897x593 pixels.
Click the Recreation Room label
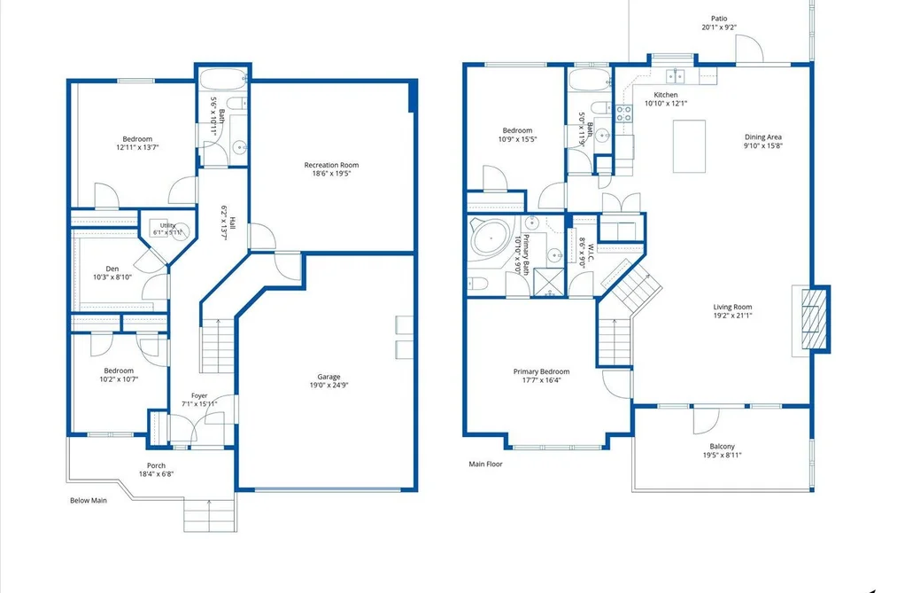[331, 165]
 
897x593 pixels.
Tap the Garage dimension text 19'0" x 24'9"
[329, 386]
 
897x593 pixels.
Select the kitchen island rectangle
[689, 146]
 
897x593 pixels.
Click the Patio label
[719, 19]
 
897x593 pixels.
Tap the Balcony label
[722, 447]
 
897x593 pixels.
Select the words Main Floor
[485, 464]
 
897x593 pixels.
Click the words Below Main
[88, 500]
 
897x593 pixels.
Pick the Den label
[112, 269]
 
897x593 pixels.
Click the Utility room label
[167, 225]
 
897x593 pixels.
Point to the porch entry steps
[210, 516]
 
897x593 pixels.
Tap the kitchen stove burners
[623, 113]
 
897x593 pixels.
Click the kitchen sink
[676, 75]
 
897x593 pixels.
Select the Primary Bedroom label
[541, 371]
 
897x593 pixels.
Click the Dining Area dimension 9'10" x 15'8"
[763, 145]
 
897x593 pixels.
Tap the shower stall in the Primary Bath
[549, 282]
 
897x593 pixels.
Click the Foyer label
[199, 395]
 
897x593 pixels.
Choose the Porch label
[156, 465]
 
